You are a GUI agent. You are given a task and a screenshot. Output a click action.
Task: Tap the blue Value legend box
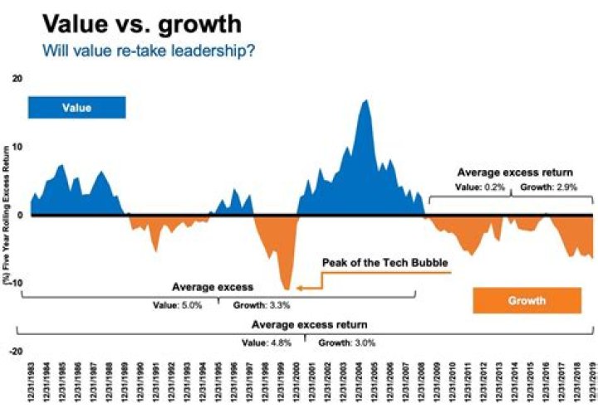point(76,108)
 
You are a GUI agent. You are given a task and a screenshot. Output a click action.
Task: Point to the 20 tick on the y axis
point(18,78)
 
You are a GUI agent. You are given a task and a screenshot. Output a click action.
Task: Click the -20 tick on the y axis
point(17,352)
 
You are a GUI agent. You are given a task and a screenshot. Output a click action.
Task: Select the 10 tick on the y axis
point(18,147)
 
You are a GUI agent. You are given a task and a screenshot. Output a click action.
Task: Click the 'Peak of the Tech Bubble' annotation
point(385,263)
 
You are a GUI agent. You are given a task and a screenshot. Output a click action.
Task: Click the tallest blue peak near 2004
point(365,101)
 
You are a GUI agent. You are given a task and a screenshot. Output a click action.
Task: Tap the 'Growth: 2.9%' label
point(543,188)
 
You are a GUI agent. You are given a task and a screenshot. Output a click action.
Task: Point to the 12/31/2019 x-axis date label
point(591,385)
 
